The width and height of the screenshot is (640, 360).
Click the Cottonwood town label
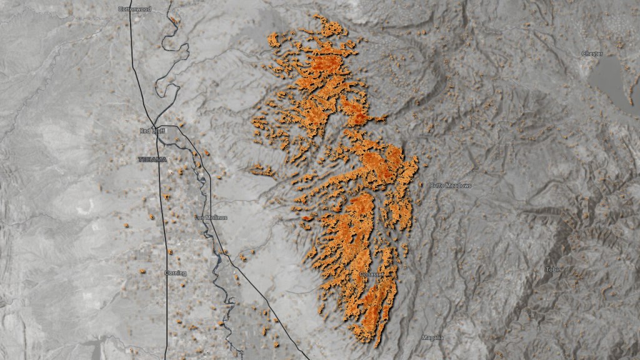[134, 9]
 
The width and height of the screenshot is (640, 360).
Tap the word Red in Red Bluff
[145, 131]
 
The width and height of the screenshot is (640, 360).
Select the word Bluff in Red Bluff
[156, 131]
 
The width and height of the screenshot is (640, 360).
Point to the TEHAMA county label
[152, 159]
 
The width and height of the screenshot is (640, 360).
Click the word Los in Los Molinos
[200, 217]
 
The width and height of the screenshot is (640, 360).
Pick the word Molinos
[216, 217]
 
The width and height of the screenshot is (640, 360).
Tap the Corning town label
[175, 273]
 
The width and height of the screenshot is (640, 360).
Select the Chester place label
[592, 54]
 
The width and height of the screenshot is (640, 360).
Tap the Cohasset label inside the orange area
[372, 274]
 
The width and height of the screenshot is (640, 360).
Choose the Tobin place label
[554, 269]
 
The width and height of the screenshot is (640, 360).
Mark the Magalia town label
[432, 337]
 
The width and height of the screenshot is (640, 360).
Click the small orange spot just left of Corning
[142, 271]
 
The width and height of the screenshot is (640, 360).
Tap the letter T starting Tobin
[547, 269]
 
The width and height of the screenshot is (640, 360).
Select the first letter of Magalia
[423, 337]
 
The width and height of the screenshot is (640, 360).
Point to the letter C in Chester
[583, 54]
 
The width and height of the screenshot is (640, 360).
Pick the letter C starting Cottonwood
[120, 9]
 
